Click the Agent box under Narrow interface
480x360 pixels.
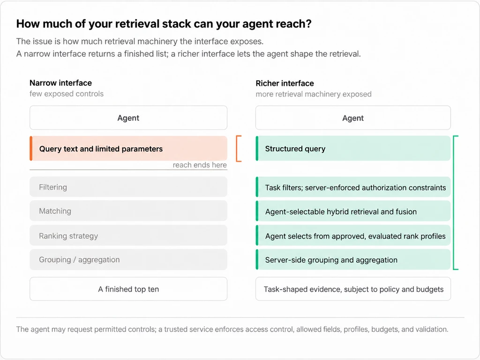coord(128,118)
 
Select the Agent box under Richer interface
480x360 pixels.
coord(353,118)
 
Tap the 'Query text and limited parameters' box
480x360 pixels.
coord(128,149)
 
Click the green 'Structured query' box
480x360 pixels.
coord(353,149)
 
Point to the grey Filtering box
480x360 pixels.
coord(128,187)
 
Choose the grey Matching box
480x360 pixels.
coord(128,210)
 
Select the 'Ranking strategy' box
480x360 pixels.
coord(128,235)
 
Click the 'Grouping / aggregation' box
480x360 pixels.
coord(128,260)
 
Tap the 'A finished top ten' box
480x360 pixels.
coord(128,289)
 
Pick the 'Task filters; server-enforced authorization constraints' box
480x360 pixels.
coord(353,187)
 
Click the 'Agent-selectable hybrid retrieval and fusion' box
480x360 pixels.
coord(353,211)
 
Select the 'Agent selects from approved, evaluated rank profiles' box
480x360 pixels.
coord(353,236)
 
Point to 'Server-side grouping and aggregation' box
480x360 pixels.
coord(353,260)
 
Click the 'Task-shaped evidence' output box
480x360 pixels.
coord(353,289)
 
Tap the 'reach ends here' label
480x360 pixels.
coord(200,165)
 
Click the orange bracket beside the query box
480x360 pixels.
coord(237,149)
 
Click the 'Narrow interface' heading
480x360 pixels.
coord(60,83)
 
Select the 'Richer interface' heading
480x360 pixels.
coord(285,83)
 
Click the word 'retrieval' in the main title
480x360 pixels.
coord(123,24)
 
